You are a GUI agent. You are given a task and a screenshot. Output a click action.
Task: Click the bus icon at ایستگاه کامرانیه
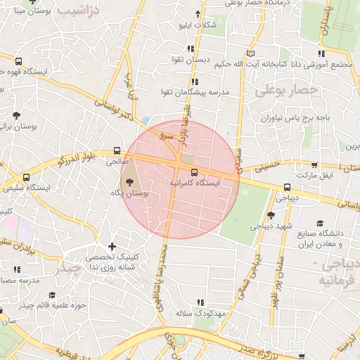194,172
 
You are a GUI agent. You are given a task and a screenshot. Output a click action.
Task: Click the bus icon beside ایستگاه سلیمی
27,177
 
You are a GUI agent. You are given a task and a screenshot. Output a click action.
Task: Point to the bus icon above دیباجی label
287,188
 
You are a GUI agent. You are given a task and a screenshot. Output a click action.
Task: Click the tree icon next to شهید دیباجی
271,215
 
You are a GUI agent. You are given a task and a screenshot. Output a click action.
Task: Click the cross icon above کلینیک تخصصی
112,246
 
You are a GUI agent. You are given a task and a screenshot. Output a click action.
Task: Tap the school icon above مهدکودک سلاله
202,302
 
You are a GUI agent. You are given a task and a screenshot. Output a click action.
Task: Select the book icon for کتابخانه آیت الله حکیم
251,53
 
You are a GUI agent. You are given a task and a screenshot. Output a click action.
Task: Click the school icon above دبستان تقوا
191,49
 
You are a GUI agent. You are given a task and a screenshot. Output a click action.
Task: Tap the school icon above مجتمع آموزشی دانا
321,53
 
